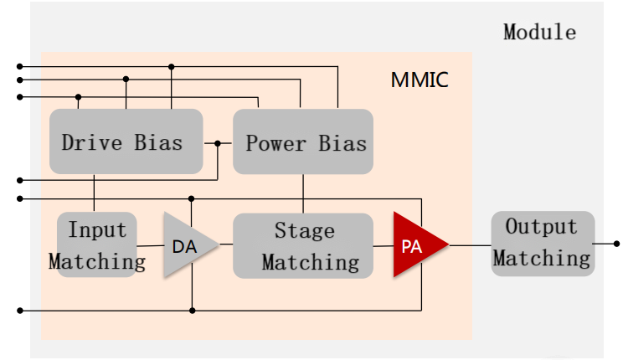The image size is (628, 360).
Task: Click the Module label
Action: click(539, 33)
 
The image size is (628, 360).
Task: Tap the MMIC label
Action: click(420, 80)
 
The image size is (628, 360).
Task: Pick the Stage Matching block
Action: click(303, 245)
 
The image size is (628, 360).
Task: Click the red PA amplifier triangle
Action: click(414, 245)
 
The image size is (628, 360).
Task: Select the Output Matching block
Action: click(542, 243)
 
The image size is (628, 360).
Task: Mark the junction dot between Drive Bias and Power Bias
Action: click(218, 143)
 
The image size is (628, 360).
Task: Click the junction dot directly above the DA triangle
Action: click(192, 198)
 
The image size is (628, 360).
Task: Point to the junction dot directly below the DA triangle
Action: click(192, 311)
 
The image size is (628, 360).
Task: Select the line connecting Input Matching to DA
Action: click(150, 245)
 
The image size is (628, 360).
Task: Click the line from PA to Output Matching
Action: click(470, 244)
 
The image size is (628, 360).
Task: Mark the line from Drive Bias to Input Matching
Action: click(94, 193)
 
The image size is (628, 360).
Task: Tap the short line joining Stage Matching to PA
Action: click(383, 245)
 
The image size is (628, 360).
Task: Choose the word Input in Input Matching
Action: click(97, 229)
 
